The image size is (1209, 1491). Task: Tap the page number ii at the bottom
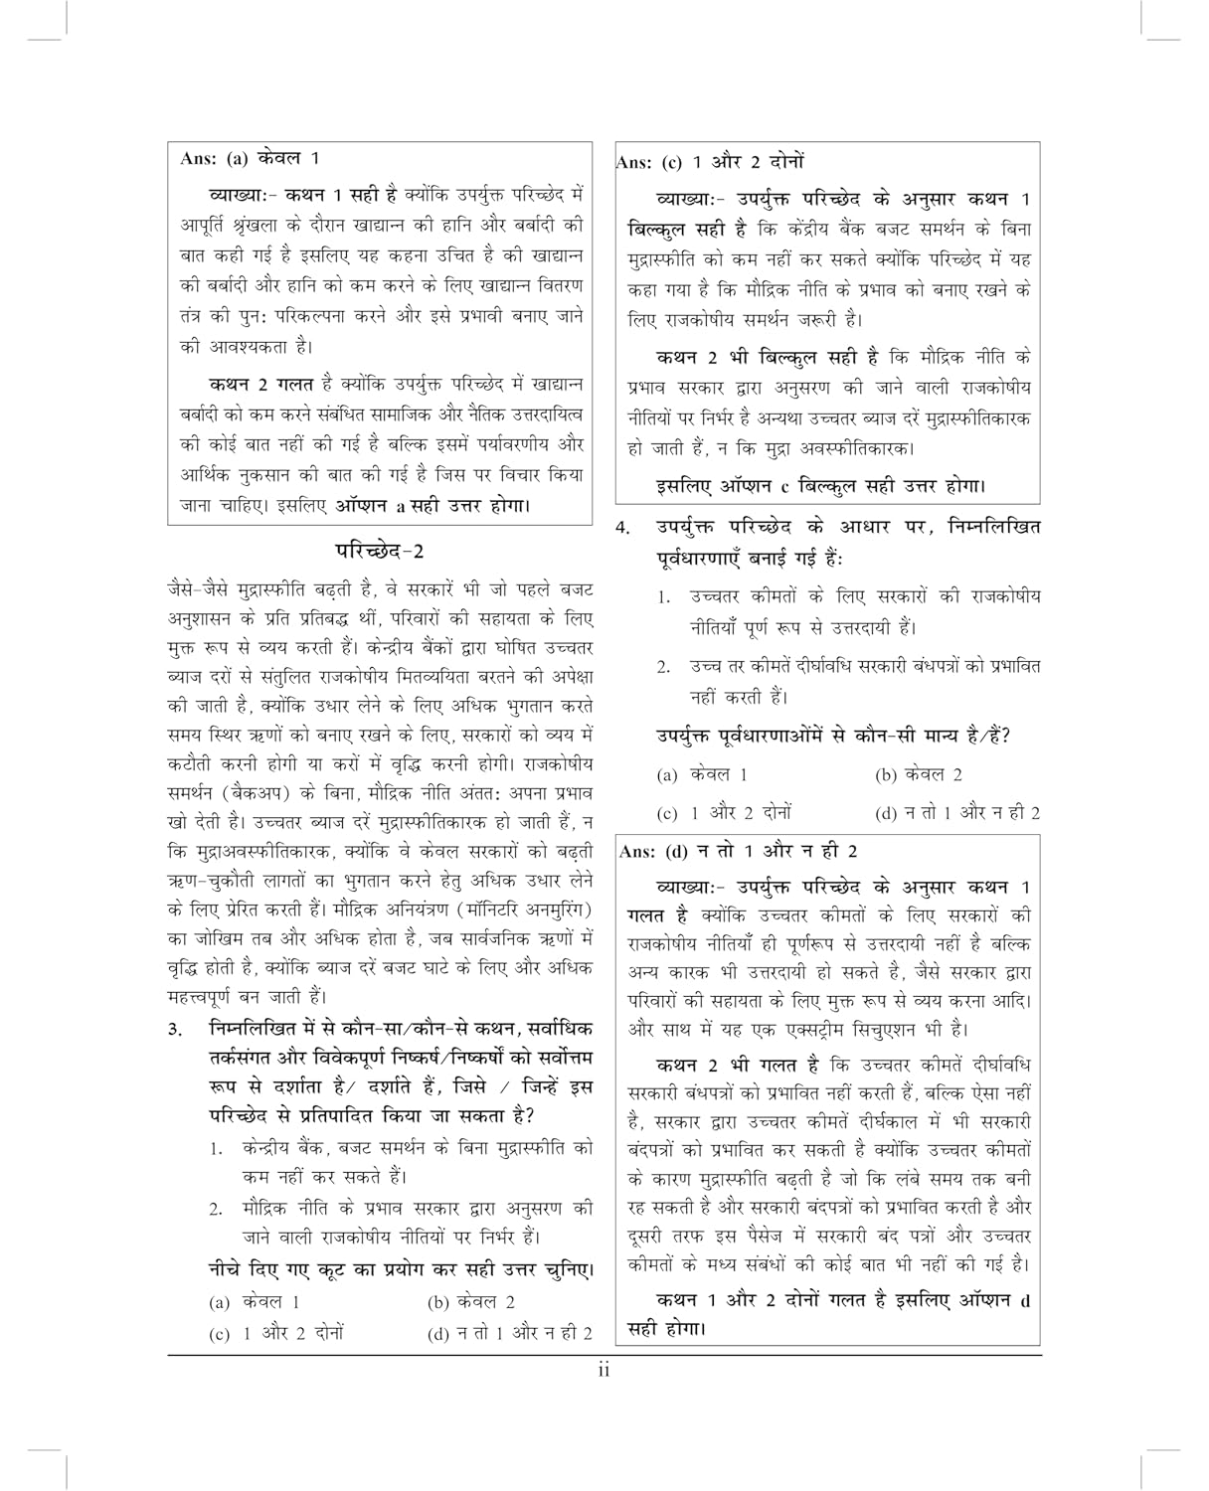[604, 1372]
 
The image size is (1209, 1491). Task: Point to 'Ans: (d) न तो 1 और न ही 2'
[738, 851]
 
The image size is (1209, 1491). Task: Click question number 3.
[176, 1029]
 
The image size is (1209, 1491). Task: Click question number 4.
[622, 529]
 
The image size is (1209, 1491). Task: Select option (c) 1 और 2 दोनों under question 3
[276, 1333]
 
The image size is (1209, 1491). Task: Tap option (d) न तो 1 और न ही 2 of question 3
[509, 1333]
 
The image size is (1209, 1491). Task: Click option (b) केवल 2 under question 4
[918, 774]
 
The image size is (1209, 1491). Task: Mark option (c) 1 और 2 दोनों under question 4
[724, 812]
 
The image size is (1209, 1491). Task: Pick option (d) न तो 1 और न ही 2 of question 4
[957, 812]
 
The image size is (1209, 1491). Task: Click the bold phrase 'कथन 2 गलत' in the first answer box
[261, 384]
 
